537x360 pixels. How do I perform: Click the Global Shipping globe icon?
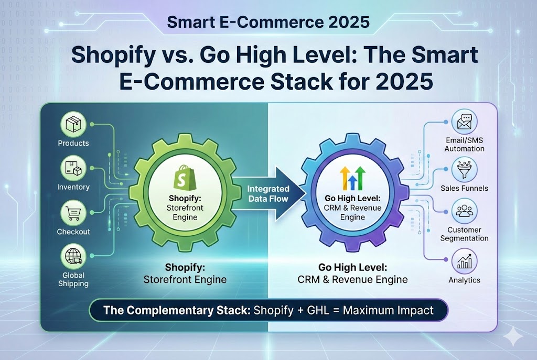point(73,257)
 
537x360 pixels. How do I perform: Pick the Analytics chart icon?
point(464,260)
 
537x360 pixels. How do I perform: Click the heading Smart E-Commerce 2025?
point(268,23)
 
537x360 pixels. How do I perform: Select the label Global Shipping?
point(73,279)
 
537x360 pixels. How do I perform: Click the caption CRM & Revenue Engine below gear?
point(352,279)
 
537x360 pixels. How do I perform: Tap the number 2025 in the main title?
point(403,82)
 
